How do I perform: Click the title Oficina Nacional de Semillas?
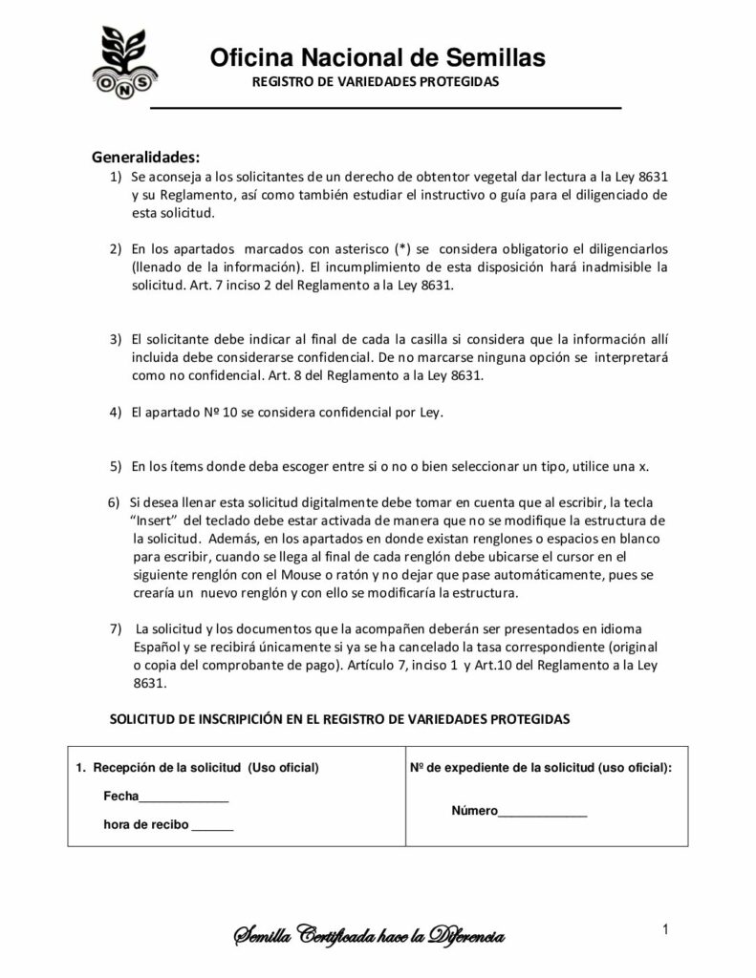click(378, 58)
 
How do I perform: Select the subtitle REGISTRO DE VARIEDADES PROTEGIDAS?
click(376, 82)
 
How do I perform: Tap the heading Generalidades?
click(146, 157)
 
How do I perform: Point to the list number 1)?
click(115, 178)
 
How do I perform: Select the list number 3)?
click(115, 339)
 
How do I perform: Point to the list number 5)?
click(115, 466)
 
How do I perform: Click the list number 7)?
click(116, 627)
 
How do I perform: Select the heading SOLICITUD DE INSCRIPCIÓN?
click(340, 717)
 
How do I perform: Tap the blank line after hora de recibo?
click(213, 825)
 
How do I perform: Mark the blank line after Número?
click(543, 813)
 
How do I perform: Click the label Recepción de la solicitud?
click(168, 767)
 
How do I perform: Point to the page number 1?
click(663, 928)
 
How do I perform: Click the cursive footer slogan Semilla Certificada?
click(370, 937)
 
